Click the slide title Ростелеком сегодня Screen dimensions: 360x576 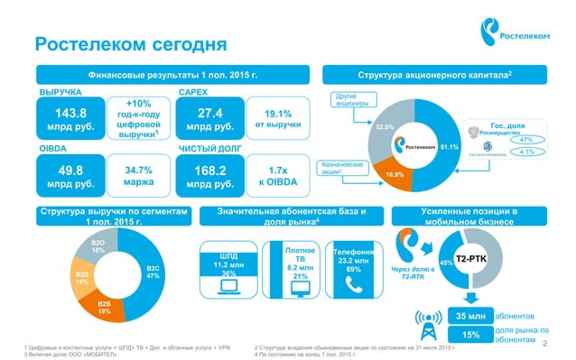130,44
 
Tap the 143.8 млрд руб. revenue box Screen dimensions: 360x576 70,121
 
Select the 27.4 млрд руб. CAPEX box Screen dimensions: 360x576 209,121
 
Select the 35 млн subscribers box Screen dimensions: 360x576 470,316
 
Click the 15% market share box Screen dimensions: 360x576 470,335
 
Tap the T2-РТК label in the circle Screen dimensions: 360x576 471,258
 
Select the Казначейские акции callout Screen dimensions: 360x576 342,168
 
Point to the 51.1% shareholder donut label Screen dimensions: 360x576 449,146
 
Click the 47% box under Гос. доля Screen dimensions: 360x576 526,139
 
